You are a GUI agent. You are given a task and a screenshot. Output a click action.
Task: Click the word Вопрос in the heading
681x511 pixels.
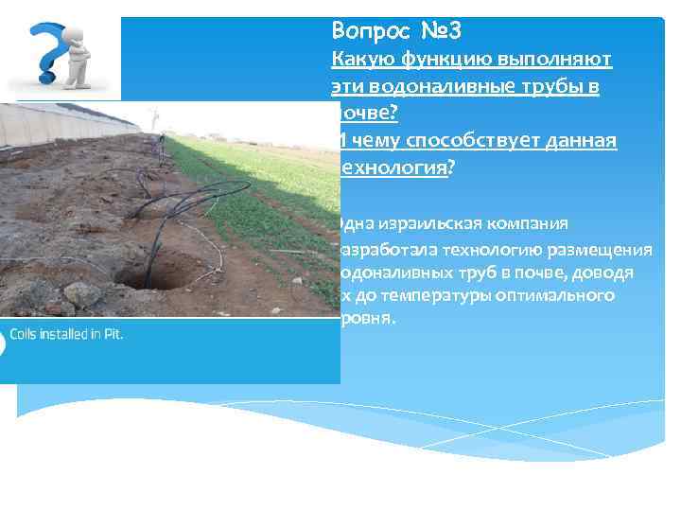tap(367, 31)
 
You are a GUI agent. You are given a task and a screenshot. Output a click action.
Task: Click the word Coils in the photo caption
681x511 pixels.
tap(26, 334)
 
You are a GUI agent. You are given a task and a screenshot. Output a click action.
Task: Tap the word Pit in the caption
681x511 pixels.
tap(113, 334)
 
